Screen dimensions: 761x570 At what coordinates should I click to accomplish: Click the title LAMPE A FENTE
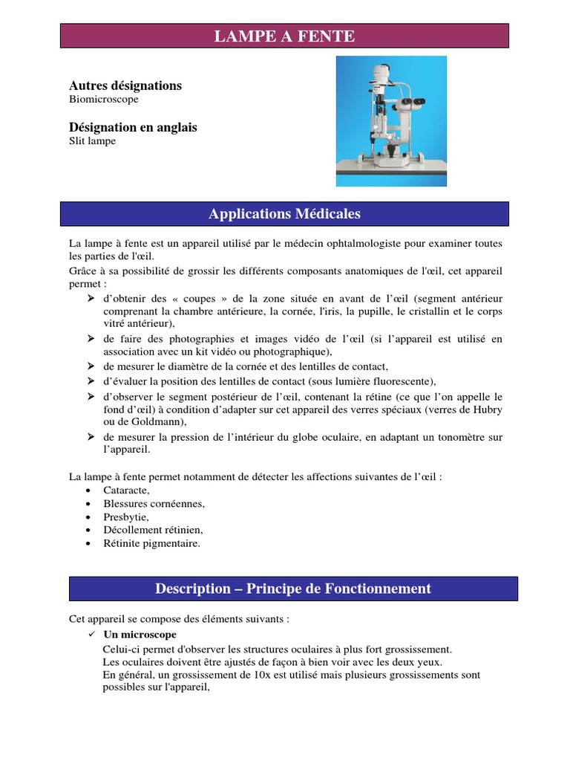coord(284,36)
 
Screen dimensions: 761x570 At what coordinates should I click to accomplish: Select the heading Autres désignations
coord(125,85)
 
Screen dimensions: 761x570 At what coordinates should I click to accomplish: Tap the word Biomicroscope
coord(104,99)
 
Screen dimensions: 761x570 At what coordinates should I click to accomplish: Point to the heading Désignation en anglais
coord(133,128)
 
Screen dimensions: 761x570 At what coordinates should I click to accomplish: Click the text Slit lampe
coord(93,141)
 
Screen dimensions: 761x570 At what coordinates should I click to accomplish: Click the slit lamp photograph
coord(391,123)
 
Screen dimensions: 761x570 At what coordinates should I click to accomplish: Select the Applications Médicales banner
coord(284,214)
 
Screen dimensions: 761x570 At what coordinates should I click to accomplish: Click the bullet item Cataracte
coord(127,490)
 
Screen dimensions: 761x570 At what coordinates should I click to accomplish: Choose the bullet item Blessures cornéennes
coord(154,504)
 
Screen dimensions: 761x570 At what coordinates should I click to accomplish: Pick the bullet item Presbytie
coord(126,516)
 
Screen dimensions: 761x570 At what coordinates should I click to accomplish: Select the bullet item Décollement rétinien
coord(153,530)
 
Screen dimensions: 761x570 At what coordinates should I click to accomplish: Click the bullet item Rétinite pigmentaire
coord(152,543)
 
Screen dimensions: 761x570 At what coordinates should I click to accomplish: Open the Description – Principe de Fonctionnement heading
coord(293,589)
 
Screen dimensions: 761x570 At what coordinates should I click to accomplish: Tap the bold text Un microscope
coord(140,635)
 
